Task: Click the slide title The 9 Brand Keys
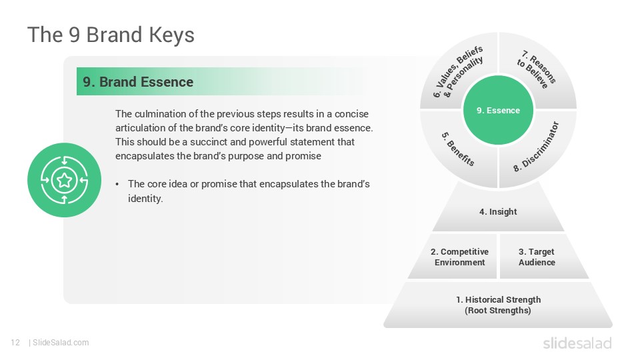coord(111,35)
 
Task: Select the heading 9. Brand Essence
coord(138,82)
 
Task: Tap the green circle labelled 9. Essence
coord(498,111)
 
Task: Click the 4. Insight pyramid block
coord(498,212)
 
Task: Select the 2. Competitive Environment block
coord(459,257)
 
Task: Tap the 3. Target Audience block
coord(537,257)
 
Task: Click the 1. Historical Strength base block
coord(498,305)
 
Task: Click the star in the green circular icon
coord(64,180)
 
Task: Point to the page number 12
coord(15,343)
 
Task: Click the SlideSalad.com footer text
coord(61,343)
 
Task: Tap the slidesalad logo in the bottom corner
coord(577,343)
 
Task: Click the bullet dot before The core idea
coord(118,184)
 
